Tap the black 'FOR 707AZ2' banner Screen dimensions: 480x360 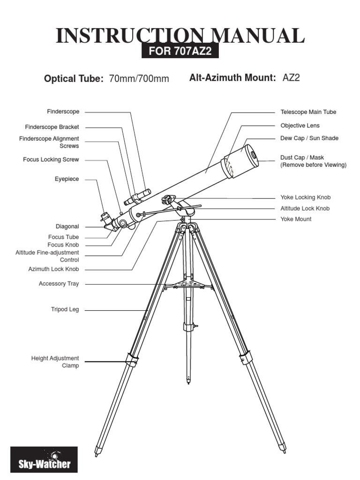(180, 52)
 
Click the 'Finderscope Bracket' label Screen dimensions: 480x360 (52, 127)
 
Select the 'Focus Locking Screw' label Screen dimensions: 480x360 (51, 160)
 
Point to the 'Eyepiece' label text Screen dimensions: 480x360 (67, 179)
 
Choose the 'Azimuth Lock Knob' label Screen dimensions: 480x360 (53, 270)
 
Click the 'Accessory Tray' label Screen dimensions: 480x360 (59, 284)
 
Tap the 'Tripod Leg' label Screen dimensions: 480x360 (65, 309)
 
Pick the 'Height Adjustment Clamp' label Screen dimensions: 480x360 (55, 362)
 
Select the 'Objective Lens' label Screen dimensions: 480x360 (300, 126)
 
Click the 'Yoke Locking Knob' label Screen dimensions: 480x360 (306, 198)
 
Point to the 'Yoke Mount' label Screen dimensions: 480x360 (296, 219)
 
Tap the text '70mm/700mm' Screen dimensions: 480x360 (139, 79)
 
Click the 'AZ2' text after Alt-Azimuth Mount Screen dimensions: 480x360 (291, 78)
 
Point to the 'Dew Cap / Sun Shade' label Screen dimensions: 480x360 (309, 138)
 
